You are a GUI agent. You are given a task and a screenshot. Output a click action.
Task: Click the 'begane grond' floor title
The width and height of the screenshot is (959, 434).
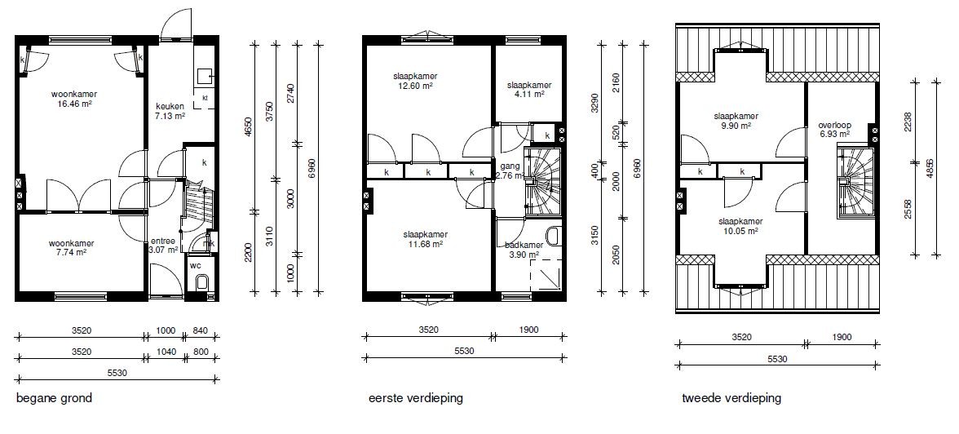pos(54,398)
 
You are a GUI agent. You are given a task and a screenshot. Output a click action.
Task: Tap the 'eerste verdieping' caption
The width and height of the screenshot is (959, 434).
pos(416,398)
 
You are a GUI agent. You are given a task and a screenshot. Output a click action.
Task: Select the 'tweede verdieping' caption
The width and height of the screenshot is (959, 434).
pos(731,398)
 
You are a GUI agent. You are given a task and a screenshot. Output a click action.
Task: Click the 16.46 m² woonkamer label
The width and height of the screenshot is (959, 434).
pos(74,100)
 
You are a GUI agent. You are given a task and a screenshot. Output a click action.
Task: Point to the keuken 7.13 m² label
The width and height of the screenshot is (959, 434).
pos(170,111)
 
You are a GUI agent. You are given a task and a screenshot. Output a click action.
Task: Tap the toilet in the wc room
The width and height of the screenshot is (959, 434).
pos(202,282)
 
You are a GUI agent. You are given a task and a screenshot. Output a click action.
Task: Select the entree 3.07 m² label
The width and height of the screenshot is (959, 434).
pos(164,246)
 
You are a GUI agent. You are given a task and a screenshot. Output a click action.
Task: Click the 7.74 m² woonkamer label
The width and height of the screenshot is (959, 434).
pos(72,248)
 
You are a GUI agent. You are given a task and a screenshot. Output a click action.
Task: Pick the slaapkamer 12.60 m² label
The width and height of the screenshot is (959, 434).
pos(415,81)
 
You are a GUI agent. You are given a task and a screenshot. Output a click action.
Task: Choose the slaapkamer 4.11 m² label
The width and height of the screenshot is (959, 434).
pos(529,90)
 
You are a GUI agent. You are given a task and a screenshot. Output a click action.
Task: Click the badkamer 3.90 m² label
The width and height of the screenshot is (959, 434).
pos(522,250)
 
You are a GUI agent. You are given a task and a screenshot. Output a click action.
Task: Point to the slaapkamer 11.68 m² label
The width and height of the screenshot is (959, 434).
pos(425,239)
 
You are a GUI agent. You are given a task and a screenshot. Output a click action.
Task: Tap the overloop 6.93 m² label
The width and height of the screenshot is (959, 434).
pos(835,130)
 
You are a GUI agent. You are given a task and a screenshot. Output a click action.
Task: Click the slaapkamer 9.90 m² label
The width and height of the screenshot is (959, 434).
pos(736,122)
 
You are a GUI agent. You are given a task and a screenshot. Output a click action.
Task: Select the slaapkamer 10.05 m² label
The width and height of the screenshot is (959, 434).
pos(740,227)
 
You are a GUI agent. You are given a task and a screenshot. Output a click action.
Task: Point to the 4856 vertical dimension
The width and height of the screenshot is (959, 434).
pos(930,168)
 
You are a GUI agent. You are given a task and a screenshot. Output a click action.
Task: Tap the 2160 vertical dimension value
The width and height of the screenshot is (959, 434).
pos(616,82)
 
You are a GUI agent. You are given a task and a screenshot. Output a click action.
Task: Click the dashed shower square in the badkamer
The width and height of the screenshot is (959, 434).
pos(546,276)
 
